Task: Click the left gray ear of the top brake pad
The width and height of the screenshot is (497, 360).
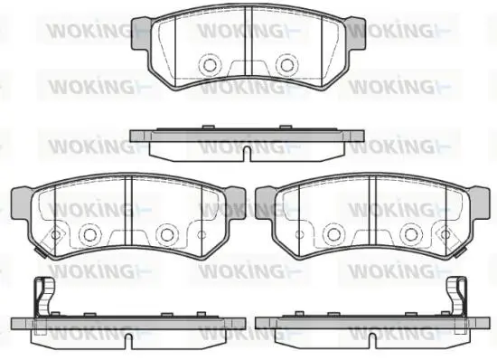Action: (141, 33)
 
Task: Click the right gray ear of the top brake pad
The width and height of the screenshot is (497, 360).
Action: (356, 33)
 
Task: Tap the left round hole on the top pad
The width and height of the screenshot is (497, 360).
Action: (210, 65)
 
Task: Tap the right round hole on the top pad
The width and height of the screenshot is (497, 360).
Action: (287, 65)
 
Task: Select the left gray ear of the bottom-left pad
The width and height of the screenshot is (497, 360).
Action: (22, 203)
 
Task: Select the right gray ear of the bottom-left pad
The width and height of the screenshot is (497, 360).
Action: (236, 203)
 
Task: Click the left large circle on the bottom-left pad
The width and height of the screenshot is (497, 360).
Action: (89, 234)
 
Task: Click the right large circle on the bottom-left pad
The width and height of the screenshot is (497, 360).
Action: (167, 234)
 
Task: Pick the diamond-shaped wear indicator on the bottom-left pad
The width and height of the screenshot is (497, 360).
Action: (55, 235)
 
